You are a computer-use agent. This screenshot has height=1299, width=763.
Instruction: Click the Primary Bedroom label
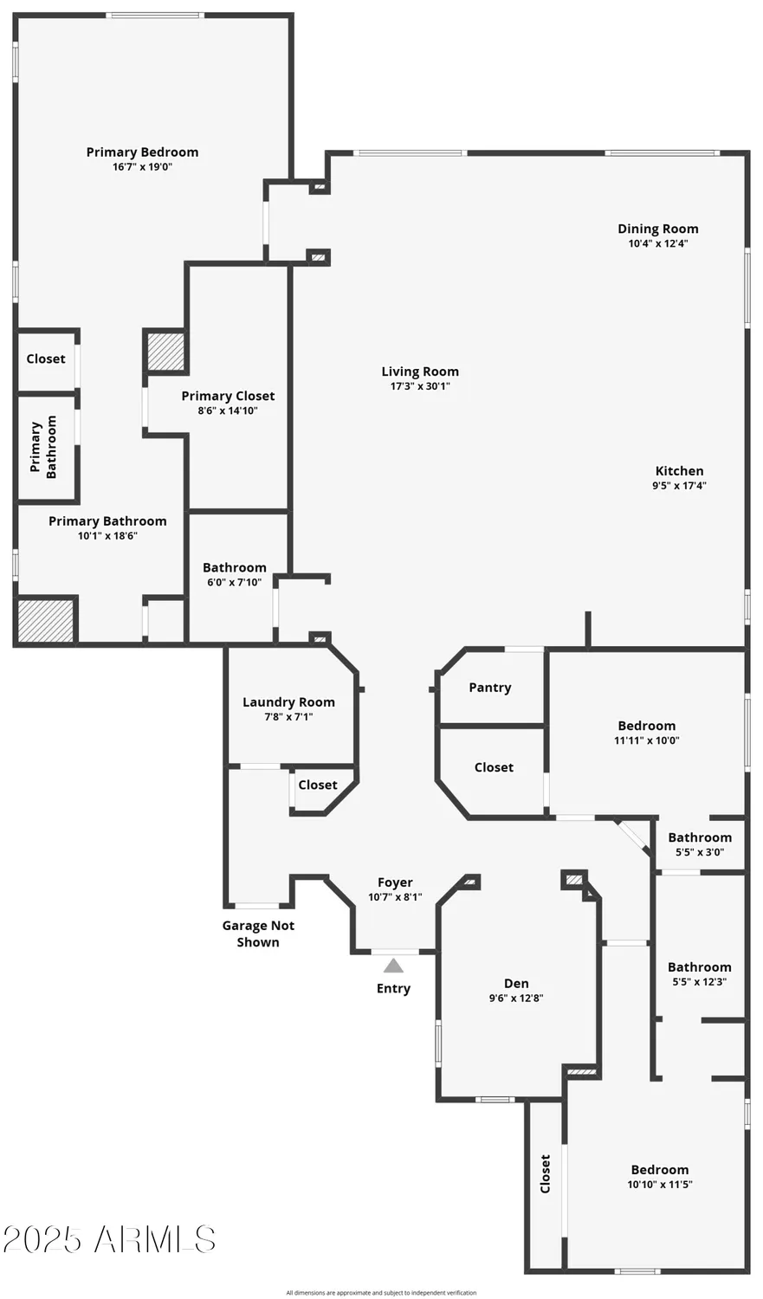[x=142, y=152]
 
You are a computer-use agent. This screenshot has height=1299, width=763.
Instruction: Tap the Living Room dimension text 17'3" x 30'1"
[x=420, y=386]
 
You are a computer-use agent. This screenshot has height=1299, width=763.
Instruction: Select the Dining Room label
[x=658, y=229]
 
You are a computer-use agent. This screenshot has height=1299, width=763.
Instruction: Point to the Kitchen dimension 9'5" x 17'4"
[x=680, y=485]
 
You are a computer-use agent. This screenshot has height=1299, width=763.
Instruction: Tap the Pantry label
[x=490, y=688]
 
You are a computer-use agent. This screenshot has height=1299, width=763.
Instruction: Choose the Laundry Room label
[x=288, y=702]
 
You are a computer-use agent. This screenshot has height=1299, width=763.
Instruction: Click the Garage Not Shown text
[x=258, y=934]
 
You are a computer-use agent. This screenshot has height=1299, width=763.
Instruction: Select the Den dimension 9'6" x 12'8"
[x=516, y=998]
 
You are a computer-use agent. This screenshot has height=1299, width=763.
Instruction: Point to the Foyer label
[x=395, y=882]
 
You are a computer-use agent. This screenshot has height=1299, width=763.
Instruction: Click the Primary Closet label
[x=228, y=396]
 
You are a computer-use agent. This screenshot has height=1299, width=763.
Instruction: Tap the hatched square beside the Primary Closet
[x=165, y=352]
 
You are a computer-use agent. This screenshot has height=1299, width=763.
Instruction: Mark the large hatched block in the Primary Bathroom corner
[x=46, y=621]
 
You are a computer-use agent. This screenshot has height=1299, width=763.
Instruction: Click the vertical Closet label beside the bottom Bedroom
[x=545, y=1173]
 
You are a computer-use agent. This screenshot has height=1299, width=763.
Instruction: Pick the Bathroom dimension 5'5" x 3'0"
[x=700, y=852]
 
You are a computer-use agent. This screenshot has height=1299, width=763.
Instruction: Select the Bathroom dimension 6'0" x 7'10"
[x=234, y=582]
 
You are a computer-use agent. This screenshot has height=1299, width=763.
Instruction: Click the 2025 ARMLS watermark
[x=109, y=1239]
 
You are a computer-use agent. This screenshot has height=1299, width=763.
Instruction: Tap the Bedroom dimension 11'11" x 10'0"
[x=646, y=740]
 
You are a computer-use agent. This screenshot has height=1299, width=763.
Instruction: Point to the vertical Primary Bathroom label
[x=43, y=447]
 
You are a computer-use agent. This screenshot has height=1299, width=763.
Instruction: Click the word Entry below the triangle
[x=394, y=988]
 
